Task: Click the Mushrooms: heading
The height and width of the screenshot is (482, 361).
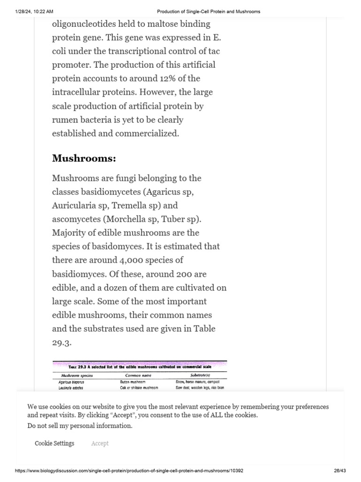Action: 84,158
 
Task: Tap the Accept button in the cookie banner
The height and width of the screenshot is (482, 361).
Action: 100,443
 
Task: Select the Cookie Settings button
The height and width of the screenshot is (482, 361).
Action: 55,443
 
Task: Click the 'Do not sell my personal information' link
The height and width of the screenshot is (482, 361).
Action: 80,426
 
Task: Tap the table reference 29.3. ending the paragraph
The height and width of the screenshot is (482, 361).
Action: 62,342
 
